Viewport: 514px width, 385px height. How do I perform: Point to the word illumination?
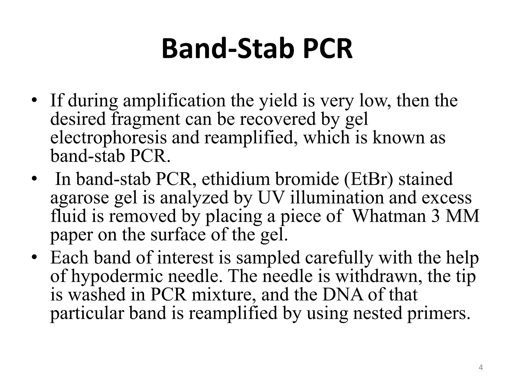[x=337, y=198]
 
